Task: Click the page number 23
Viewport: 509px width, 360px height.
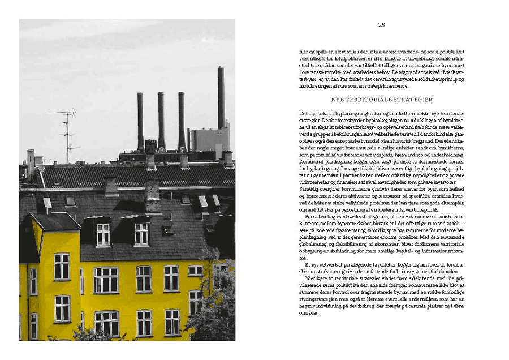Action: tap(381, 24)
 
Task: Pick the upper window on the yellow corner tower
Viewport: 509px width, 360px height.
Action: tap(62, 265)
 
